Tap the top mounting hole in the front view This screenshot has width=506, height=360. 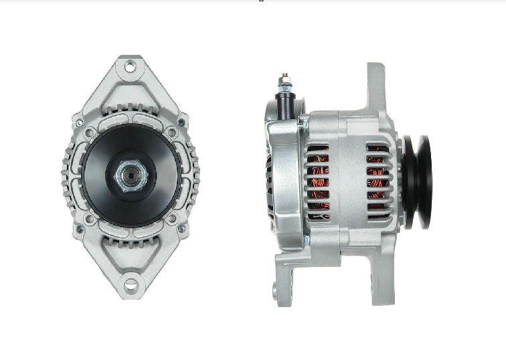click(x=131, y=67)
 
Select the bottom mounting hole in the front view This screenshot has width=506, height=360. click(x=131, y=286)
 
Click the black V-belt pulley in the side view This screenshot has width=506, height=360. click(x=416, y=182)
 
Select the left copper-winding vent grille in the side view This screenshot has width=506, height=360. click(x=319, y=177)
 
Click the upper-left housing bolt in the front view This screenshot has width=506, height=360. click(x=80, y=124)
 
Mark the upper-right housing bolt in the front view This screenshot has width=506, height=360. click(x=181, y=124)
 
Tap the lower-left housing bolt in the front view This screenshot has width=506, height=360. click(x=80, y=228)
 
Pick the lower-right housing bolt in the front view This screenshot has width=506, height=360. click(x=181, y=228)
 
